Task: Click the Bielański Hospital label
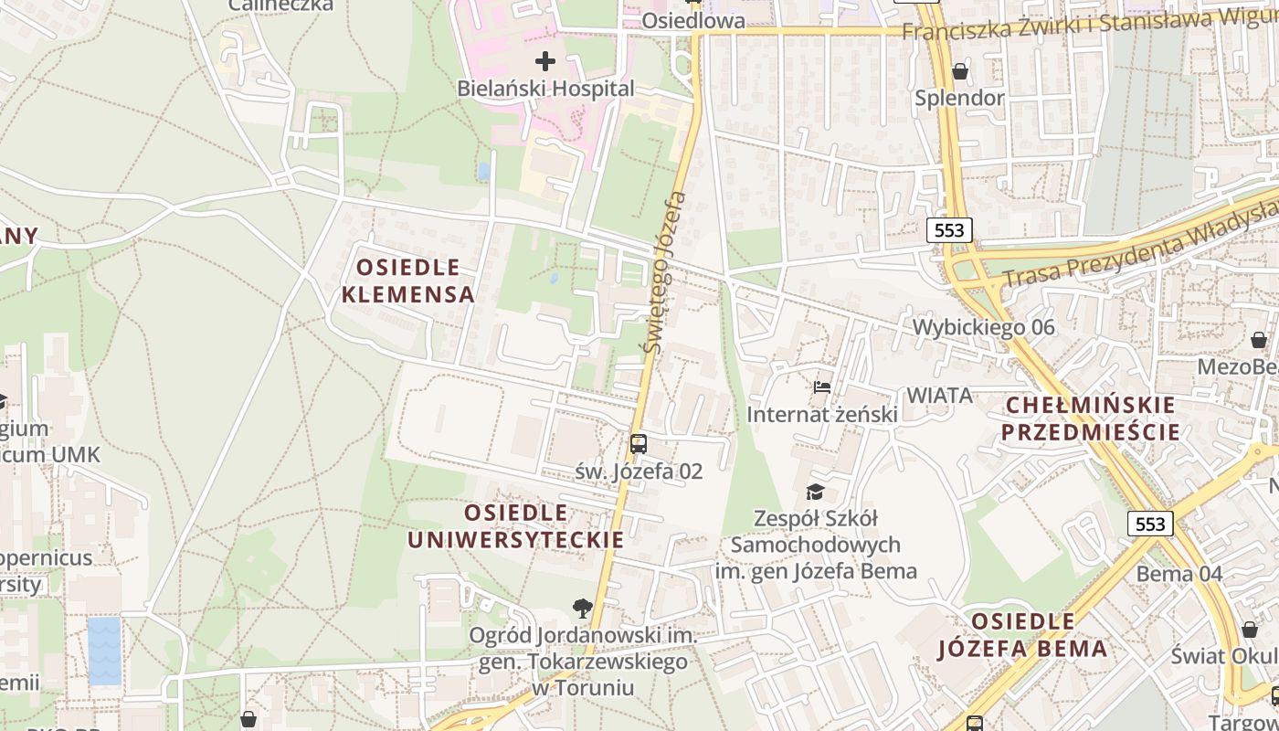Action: (545, 89)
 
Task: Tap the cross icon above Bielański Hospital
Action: (545, 61)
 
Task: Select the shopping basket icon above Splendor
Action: (959, 71)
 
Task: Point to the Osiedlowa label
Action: (692, 20)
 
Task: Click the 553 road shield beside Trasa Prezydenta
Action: (949, 229)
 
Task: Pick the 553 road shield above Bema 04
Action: (1150, 524)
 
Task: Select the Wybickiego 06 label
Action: (983, 327)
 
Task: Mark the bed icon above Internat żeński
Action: (822, 387)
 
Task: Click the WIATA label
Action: (938, 396)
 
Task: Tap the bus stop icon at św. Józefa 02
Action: (639, 445)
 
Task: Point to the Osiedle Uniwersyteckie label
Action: (515, 525)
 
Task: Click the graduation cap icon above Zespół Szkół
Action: (815, 493)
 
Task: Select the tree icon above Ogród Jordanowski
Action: (581, 608)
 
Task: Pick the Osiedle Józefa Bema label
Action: (1022, 635)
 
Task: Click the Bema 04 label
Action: (1179, 574)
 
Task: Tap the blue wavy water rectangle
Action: (104, 651)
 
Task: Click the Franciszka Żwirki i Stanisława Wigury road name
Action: (1087, 26)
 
